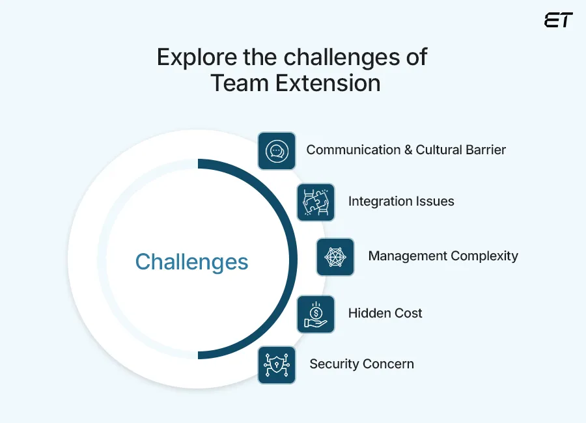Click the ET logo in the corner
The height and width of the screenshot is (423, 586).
558,20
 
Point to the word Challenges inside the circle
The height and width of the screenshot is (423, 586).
191,262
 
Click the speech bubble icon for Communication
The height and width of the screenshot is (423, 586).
277,151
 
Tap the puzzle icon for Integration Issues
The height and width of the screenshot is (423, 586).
316,202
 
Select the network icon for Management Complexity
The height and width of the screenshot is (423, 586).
335,256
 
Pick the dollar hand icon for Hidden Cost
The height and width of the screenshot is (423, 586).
316,314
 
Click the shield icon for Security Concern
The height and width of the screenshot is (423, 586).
277,364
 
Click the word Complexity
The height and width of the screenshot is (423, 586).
484,256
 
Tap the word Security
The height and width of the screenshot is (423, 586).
333,364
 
